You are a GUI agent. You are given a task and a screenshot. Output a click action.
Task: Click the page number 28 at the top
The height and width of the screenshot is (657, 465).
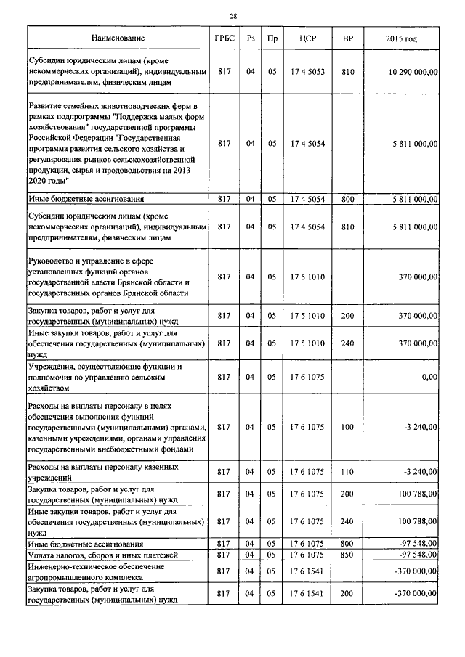(x=232, y=15)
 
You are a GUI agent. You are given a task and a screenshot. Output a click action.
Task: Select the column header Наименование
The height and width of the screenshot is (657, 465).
(x=118, y=38)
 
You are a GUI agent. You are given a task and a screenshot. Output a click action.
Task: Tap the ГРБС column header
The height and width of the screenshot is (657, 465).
(x=224, y=38)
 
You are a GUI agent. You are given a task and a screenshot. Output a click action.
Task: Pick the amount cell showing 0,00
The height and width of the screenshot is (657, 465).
(x=429, y=378)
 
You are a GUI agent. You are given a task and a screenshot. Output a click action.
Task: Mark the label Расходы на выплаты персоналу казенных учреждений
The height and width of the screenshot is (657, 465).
(x=102, y=472)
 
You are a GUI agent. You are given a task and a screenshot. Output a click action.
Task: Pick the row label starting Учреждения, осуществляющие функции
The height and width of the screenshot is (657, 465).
(x=105, y=367)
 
